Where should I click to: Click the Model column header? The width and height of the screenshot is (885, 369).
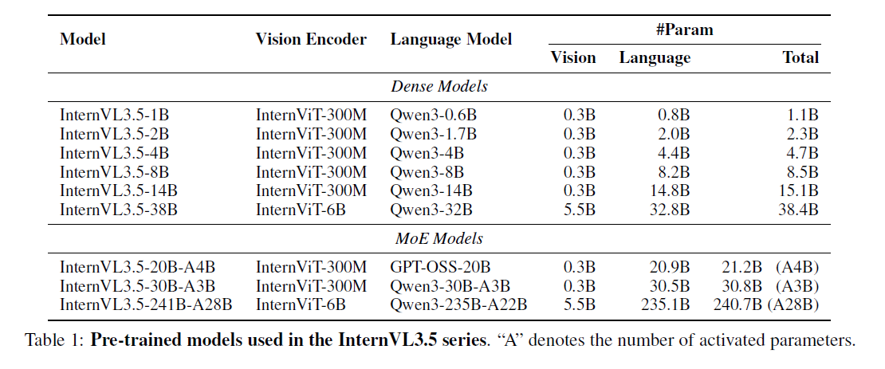tap(83, 39)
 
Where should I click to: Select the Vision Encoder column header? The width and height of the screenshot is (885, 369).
tap(311, 39)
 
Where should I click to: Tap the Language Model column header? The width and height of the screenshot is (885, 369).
tap(450, 39)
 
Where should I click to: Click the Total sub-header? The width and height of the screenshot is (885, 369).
tap(800, 57)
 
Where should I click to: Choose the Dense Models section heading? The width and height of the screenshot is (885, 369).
tap(439, 85)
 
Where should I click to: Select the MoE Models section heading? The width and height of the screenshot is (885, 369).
tap(439, 238)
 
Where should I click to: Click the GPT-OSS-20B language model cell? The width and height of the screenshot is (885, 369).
tap(440, 266)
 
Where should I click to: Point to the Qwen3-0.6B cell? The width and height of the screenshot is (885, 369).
tap(429, 115)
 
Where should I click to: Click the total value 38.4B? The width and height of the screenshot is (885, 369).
tap(799, 210)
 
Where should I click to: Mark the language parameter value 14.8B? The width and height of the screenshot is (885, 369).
tap(671, 190)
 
